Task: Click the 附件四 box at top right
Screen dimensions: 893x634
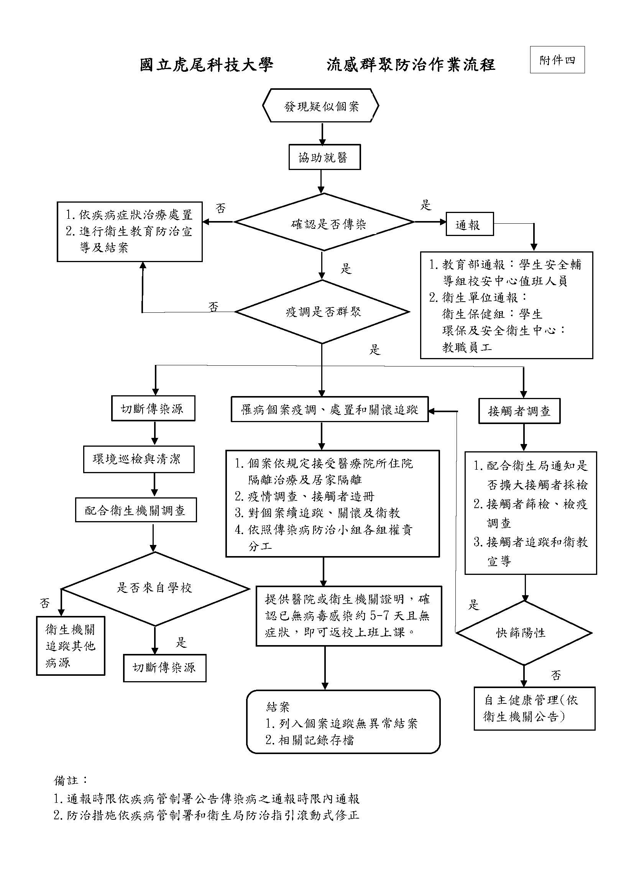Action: click(557, 60)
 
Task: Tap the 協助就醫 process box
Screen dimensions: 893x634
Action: click(324, 157)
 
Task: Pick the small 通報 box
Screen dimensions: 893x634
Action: click(470, 225)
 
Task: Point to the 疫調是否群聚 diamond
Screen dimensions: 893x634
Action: click(322, 312)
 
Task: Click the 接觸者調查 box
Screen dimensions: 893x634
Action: click(519, 411)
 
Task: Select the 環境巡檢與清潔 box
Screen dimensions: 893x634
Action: click(139, 459)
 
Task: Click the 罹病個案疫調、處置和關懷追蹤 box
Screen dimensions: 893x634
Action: click(330, 409)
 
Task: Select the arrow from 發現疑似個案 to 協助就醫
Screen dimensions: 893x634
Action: click(322, 134)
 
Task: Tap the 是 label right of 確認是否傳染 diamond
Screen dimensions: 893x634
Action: click(425, 205)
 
